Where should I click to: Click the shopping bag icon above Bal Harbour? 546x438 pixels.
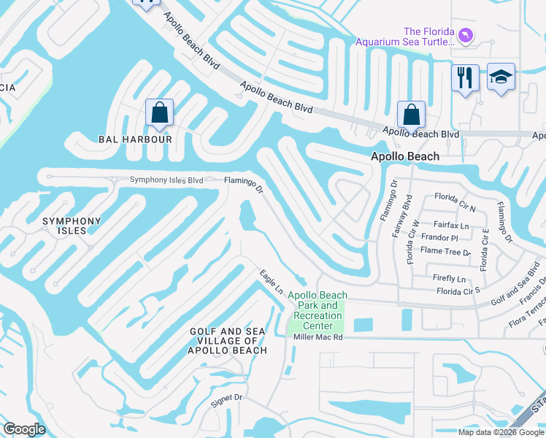(x=159, y=113)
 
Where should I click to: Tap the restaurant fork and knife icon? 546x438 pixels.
(x=465, y=77)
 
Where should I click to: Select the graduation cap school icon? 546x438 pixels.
(x=501, y=77)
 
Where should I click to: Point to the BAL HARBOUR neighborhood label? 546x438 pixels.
(x=135, y=139)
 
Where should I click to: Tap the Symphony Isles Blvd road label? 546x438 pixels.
(x=166, y=180)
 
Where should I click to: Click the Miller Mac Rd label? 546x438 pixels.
(x=318, y=337)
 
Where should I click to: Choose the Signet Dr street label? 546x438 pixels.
(x=226, y=398)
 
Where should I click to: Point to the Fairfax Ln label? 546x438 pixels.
(x=452, y=226)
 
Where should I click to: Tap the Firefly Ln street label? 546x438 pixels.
(x=449, y=279)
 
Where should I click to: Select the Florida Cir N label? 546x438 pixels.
(x=455, y=197)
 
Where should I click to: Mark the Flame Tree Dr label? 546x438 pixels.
(x=446, y=252)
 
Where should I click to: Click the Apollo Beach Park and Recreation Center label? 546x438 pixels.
(x=318, y=310)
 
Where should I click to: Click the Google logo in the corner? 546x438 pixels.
(x=24, y=429)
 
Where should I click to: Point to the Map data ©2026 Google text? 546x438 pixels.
(x=501, y=432)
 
